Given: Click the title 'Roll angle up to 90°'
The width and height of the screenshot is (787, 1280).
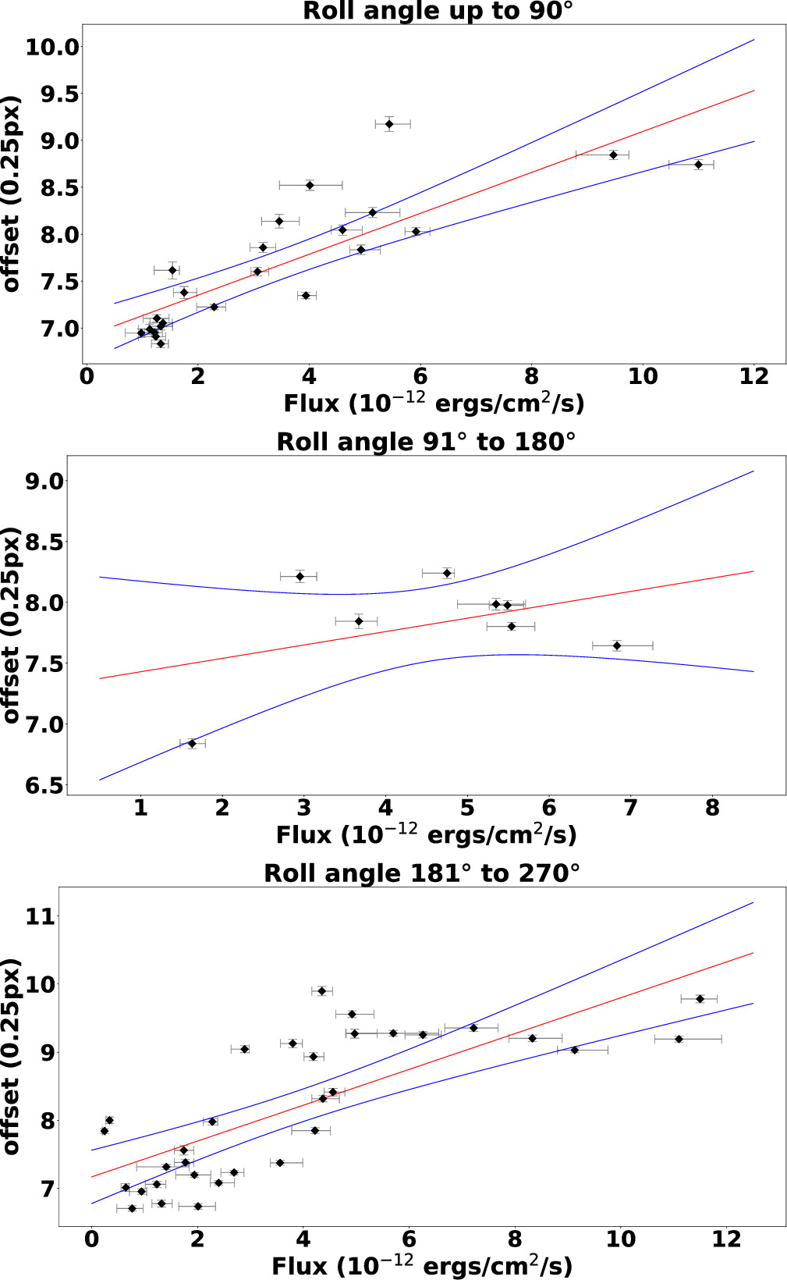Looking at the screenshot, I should pyautogui.click(x=438, y=12).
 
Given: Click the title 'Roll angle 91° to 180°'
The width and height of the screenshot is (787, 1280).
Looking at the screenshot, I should pyautogui.click(x=426, y=442).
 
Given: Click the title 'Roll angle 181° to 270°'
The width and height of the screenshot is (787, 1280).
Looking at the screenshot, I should pyautogui.click(x=422, y=873).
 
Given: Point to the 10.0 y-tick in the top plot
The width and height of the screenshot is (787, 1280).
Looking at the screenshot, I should pyautogui.click(x=52, y=47).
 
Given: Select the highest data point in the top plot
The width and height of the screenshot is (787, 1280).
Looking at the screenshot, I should pyautogui.click(x=388, y=124).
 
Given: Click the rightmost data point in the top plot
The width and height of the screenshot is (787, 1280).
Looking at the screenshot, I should pyautogui.click(x=698, y=165).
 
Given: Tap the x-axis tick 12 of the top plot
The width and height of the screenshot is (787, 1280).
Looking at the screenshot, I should pyautogui.click(x=753, y=377).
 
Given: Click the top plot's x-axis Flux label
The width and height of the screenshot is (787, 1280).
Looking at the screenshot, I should pyautogui.click(x=434, y=404).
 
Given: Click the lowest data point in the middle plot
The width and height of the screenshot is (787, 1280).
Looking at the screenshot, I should pyautogui.click(x=192, y=744).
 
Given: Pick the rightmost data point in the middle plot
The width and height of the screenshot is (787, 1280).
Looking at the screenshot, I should pyautogui.click(x=616, y=645).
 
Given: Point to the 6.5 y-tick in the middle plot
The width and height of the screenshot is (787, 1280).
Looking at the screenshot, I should pyautogui.click(x=44, y=786).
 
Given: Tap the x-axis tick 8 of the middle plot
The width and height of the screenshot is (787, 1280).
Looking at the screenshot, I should pyautogui.click(x=712, y=808).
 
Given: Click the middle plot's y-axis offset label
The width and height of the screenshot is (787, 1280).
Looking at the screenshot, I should pyautogui.click(x=11, y=625).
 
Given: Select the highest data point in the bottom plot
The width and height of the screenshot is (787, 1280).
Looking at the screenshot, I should pyautogui.click(x=321, y=991).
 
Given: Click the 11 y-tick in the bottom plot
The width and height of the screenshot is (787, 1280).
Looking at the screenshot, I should pyautogui.click(x=41, y=916).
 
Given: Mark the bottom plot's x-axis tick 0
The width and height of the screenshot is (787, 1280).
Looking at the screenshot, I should pyautogui.click(x=92, y=1239).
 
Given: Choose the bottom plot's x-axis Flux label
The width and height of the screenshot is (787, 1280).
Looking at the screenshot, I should pyautogui.click(x=422, y=1266).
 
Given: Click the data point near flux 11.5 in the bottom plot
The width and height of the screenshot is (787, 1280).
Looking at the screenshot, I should pyautogui.click(x=700, y=999).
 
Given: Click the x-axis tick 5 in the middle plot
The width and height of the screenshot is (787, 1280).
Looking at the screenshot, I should pyautogui.click(x=467, y=808).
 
